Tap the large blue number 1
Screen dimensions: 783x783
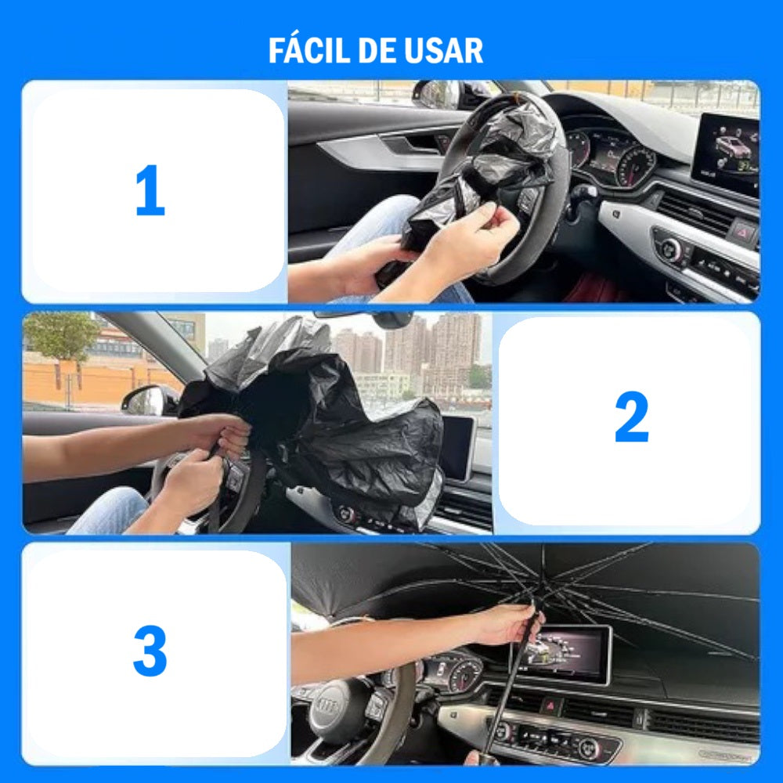pos(150,190)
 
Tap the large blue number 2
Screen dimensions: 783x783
pos(632,417)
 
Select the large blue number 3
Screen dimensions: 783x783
pos(150,651)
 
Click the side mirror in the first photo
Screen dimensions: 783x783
pos(437,95)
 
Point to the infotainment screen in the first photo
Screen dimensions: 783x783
pos(727,153)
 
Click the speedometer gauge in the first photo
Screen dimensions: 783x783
pos(636,165)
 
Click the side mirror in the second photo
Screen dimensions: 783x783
pos(148,400)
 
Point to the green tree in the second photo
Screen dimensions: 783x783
pos(61,334)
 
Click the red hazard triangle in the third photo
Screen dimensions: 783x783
pos(550,706)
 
